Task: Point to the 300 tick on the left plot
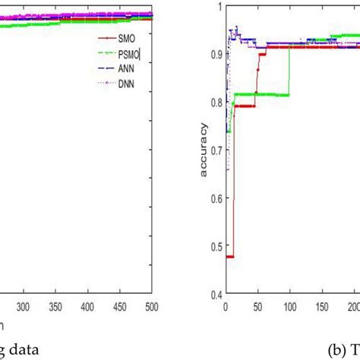[23, 307]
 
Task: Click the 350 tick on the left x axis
[55, 307]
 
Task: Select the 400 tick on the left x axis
[88, 307]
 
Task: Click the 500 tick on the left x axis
[152, 307]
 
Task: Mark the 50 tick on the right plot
[258, 307]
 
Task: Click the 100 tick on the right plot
[291, 307]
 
